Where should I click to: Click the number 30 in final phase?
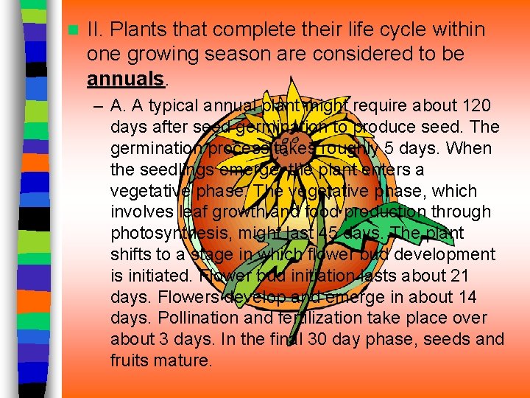[341, 340]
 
